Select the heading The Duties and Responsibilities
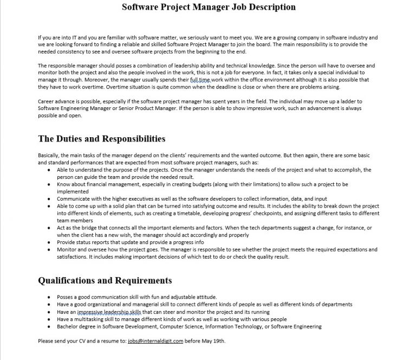102,139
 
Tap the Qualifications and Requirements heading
105,280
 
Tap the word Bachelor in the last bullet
67,326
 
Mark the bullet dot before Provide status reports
50,242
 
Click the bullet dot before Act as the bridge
50,228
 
